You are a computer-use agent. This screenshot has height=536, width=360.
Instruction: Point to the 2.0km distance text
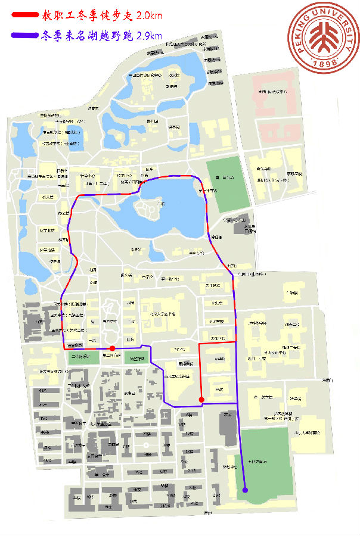click(x=149, y=15)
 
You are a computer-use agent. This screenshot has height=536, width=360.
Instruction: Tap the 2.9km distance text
click(x=150, y=36)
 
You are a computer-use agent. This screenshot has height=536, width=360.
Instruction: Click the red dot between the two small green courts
click(x=112, y=348)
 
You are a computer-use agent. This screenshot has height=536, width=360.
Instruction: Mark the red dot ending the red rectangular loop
click(x=201, y=400)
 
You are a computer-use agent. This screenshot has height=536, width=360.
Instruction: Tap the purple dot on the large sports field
click(x=245, y=491)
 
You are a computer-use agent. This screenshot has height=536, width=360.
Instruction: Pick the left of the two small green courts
click(x=84, y=357)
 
